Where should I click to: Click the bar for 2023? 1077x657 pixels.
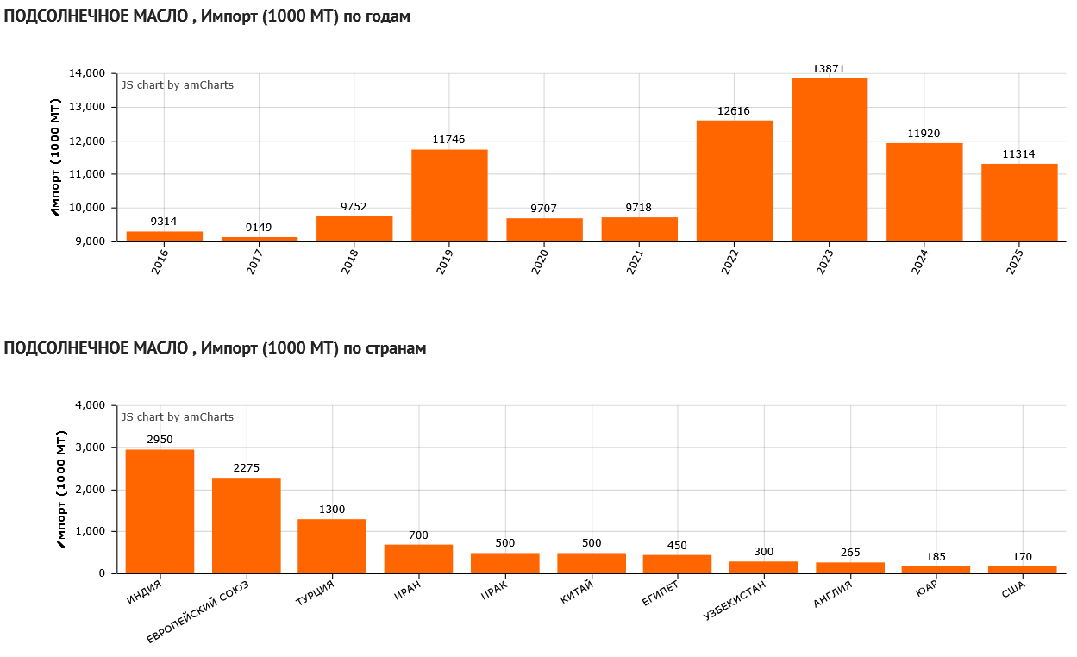click(x=829, y=160)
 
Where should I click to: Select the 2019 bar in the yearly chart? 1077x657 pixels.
click(x=449, y=196)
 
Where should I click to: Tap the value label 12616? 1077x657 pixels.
click(x=734, y=111)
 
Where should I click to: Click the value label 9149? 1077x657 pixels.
click(x=259, y=228)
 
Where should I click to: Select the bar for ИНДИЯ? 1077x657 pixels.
click(x=160, y=511)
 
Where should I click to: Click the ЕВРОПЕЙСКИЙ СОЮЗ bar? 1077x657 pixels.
click(x=246, y=525)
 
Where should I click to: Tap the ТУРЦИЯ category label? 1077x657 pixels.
click(x=315, y=595)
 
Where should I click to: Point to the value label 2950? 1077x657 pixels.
click(x=160, y=440)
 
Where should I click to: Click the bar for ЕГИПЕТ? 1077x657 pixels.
click(x=677, y=564)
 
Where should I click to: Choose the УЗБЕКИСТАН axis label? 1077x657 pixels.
click(x=735, y=602)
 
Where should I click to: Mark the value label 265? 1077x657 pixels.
click(x=849, y=553)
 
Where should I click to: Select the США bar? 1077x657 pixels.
click(x=1022, y=570)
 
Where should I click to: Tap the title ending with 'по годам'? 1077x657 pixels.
click(x=207, y=16)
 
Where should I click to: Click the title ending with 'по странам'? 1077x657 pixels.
click(x=215, y=348)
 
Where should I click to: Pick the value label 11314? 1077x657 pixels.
click(x=1019, y=154)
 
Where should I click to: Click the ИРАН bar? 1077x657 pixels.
click(x=418, y=559)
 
